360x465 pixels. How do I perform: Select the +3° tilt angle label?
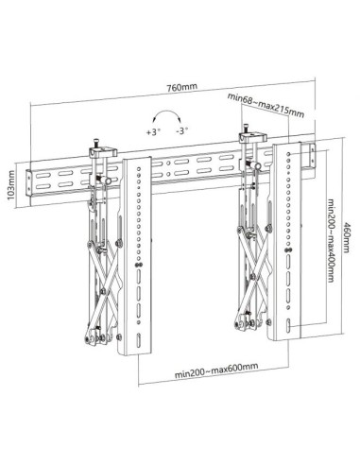(151, 134)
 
